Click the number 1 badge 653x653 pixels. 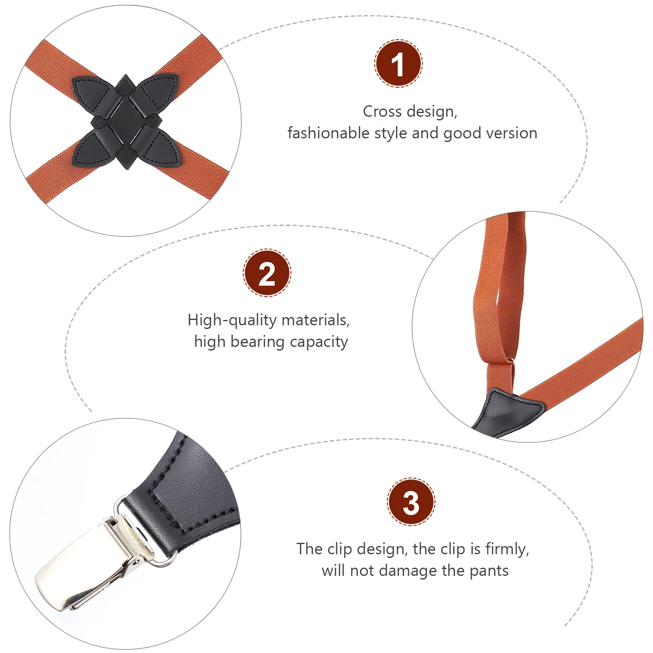click(x=398, y=64)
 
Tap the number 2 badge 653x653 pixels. click(x=267, y=273)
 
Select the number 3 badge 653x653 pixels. click(x=411, y=502)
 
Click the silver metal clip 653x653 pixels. click(x=90, y=563)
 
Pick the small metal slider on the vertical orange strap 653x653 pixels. click(x=510, y=362)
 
